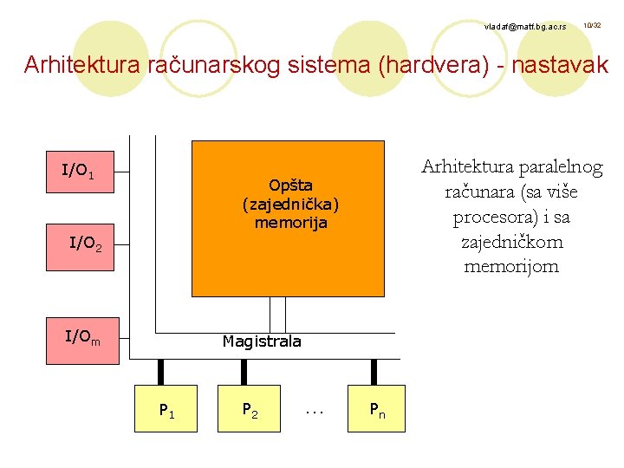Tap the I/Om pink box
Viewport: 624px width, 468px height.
pyautogui.click(x=83, y=337)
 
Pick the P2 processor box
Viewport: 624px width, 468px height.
pyautogui.click(x=249, y=407)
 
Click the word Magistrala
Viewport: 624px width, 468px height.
pyautogui.click(x=262, y=341)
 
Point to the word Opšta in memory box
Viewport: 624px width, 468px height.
pyautogui.click(x=290, y=185)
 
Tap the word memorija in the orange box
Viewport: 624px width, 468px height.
pyautogui.click(x=291, y=223)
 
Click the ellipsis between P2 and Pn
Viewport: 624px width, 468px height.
pyautogui.click(x=314, y=408)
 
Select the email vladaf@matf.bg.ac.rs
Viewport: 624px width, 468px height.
pyautogui.click(x=526, y=28)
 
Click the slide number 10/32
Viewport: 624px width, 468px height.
pyautogui.click(x=592, y=26)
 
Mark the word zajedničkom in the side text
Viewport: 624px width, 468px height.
pyautogui.click(x=511, y=241)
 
